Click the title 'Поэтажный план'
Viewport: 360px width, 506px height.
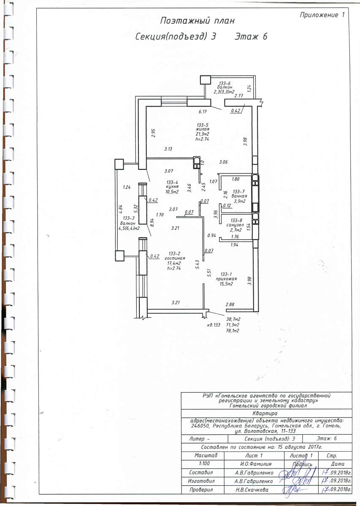[x=197, y=21]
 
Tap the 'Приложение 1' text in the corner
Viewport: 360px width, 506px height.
[x=322, y=15]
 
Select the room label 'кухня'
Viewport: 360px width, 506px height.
[x=173, y=187]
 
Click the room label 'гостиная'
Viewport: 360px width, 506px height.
[x=175, y=258]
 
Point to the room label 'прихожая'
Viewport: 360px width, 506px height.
[x=226, y=279]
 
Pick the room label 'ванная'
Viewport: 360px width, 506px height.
[x=239, y=196]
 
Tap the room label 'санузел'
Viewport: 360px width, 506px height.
[x=235, y=225]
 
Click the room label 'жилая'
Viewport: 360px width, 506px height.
[x=203, y=129]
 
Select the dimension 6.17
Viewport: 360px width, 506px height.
[x=203, y=112]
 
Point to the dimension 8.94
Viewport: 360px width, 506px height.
[x=152, y=223]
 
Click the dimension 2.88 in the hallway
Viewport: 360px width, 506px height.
[x=230, y=304]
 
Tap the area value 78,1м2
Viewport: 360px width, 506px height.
[x=233, y=331]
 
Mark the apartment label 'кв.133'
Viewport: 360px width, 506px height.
[x=214, y=325]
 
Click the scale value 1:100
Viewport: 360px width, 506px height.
[x=204, y=463]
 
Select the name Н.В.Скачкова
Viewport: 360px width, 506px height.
[x=252, y=490]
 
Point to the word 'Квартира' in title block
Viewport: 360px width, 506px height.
[x=265, y=414]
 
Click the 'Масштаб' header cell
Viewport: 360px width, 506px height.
[x=206, y=455]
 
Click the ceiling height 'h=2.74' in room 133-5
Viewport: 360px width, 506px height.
[x=202, y=139]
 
